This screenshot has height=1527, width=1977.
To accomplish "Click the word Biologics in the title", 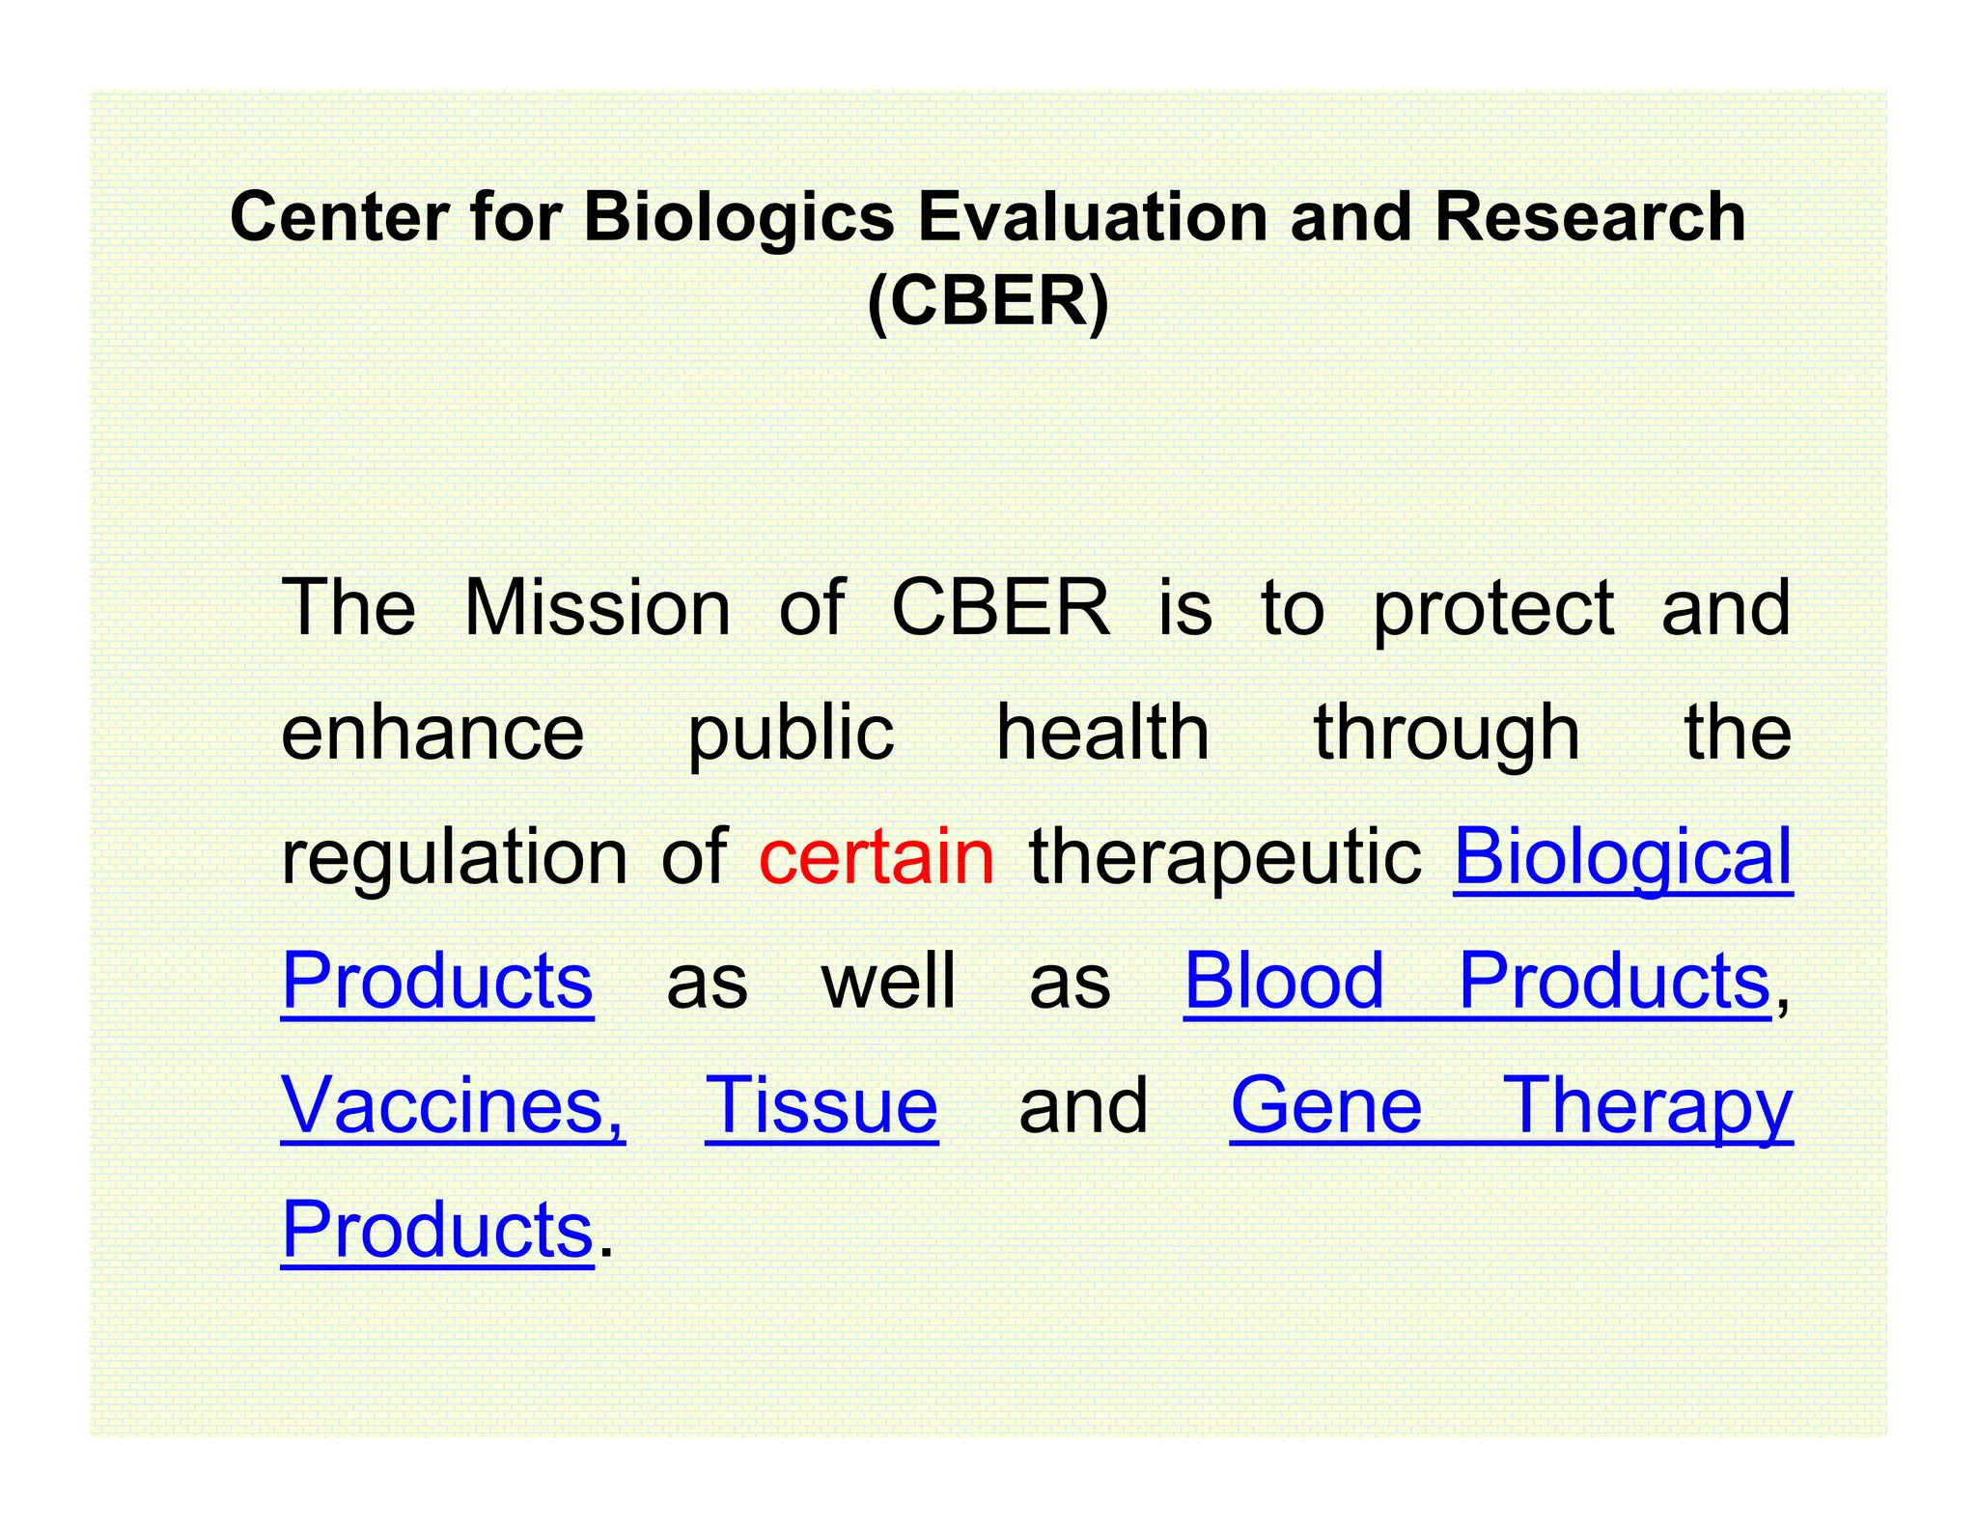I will click(738, 218).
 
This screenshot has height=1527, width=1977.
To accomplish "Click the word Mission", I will click(598, 608).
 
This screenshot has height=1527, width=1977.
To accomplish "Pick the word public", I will click(791, 734).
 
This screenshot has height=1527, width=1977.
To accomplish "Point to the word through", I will click(1447, 734).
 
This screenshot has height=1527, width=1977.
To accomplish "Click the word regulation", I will click(455, 858).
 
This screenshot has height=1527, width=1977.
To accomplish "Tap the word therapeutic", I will click(1225, 858).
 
